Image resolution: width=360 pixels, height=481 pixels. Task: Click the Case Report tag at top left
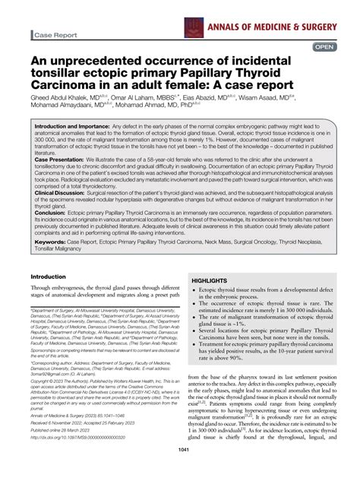[x=55, y=35]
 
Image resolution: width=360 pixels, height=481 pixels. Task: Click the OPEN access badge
[x=324, y=46]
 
